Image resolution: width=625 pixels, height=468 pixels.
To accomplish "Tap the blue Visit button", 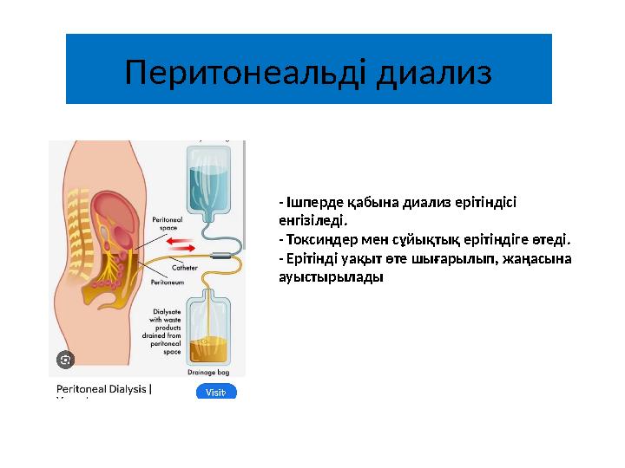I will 216,392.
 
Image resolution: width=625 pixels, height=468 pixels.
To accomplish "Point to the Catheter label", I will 185,269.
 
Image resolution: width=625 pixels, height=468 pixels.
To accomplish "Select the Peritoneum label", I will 167,282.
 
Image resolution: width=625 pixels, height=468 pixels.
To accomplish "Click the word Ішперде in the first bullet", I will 306,203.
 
